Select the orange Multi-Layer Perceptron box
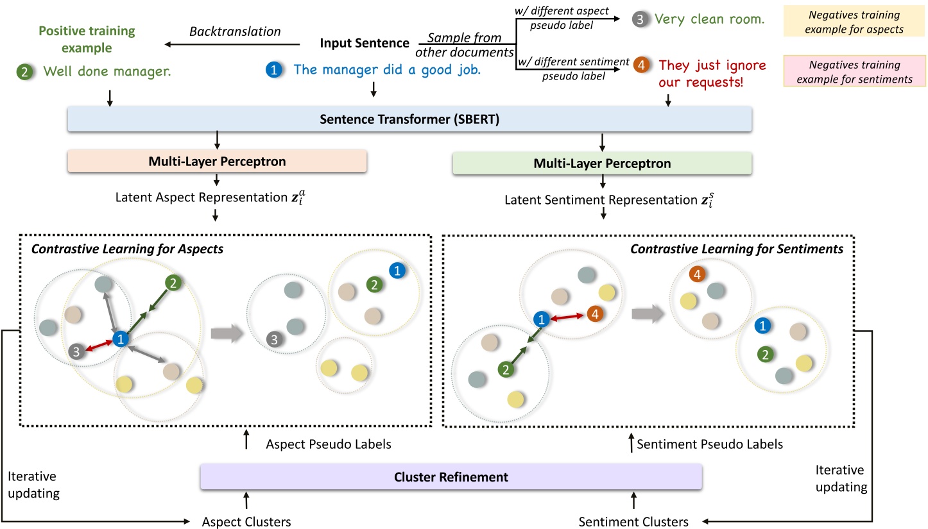point(216,162)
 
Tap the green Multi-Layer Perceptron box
point(602,164)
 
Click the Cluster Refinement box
point(451,477)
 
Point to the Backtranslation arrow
point(232,44)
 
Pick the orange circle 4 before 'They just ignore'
point(640,65)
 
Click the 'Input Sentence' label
point(365,44)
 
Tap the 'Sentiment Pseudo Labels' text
point(709,443)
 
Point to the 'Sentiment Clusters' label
point(633,521)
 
